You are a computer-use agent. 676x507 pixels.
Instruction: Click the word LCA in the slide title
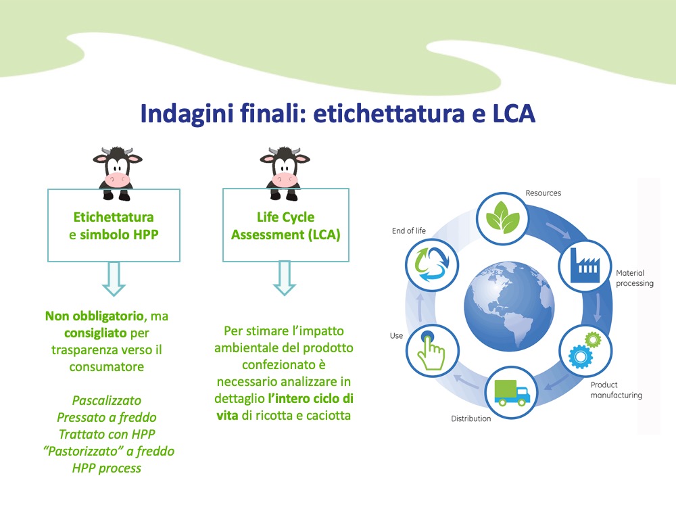click(x=514, y=114)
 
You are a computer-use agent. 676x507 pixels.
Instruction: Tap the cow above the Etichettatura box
click(x=117, y=173)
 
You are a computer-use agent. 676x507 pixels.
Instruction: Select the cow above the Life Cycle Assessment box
click(x=285, y=173)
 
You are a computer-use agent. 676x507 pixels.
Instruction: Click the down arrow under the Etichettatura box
click(x=114, y=279)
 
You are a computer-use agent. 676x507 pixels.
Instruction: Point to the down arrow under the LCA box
click(x=285, y=278)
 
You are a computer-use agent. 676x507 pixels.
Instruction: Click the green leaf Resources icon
click(x=503, y=218)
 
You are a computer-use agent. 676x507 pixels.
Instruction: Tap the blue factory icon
click(x=585, y=266)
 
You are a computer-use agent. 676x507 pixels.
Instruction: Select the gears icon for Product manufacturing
click(x=585, y=349)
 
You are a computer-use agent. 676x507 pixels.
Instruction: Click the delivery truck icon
click(x=511, y=393)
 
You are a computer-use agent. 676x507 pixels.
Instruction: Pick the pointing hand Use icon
click(x=433, y=350)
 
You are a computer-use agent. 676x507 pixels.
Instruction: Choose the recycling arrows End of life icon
click(x=431, y=264)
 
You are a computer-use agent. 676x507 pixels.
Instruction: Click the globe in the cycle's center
click(x=509, y=306)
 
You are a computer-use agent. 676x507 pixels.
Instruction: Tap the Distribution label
click(x=470, y=418)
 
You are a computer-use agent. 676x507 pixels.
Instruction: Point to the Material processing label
click(x=635, y=278)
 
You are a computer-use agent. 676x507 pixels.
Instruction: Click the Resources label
click(x=544, y=193)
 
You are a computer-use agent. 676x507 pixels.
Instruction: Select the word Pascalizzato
click(x=107, y=400)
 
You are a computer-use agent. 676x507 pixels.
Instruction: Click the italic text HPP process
click(x=107, y=468)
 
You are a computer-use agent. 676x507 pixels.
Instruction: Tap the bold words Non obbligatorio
click(x=95, y=316)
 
